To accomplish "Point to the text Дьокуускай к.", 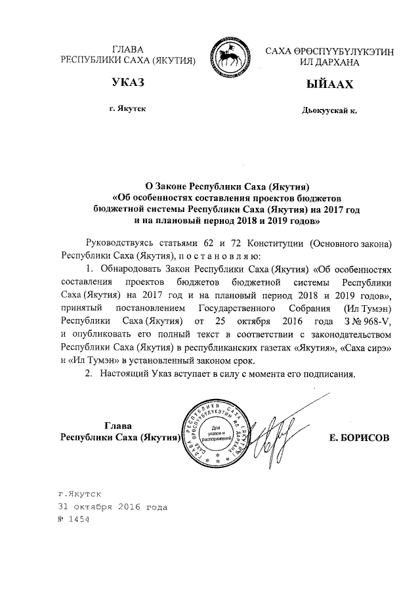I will click(328, 110).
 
